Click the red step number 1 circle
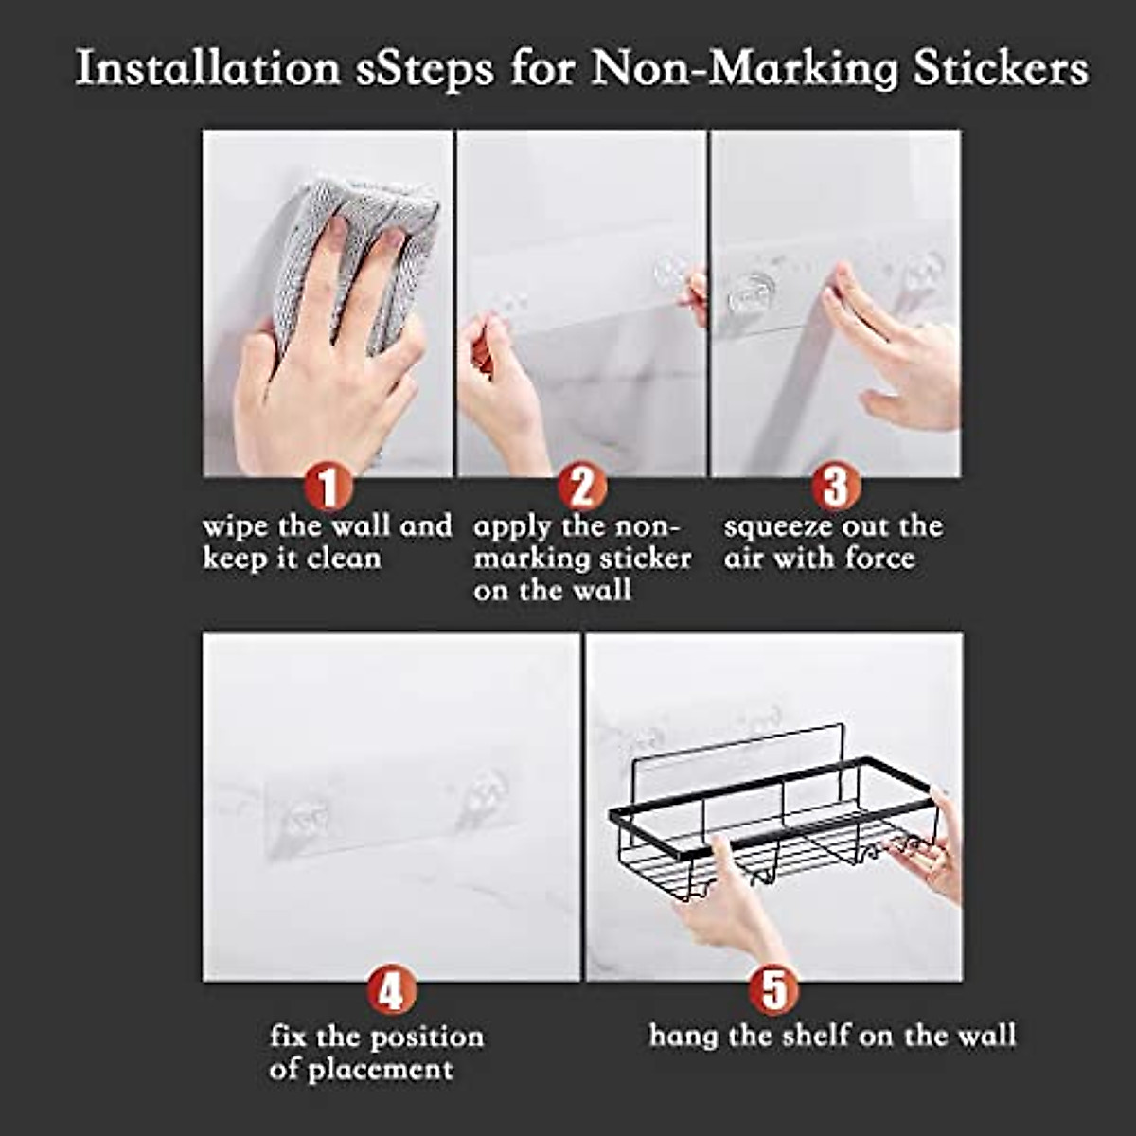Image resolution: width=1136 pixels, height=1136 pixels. click(x=328, y=488)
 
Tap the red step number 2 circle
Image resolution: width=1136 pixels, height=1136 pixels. click(x=581, y=488)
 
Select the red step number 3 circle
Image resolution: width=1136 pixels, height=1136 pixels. click(x=835, y=488)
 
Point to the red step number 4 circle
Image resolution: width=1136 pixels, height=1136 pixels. click(x=391, y=992)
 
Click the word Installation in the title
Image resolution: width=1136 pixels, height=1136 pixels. click(x=207, y=68)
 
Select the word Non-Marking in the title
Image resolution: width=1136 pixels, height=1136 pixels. click(x=743, y=68)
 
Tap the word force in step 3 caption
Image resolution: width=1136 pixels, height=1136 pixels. click(x=880, y=559)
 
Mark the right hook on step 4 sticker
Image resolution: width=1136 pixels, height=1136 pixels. click(x=478, y=793)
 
